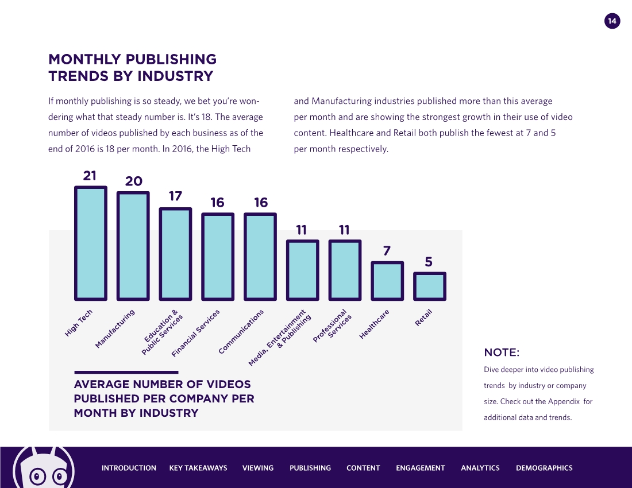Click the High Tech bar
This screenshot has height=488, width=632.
90,243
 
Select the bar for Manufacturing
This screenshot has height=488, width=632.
133,246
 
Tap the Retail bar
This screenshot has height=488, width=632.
430,286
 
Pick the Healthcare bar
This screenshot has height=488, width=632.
387,281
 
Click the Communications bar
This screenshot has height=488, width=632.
260,257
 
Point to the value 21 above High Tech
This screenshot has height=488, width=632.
90,176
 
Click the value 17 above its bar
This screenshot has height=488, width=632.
175,196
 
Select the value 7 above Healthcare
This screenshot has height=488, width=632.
387,251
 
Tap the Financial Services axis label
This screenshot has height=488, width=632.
196,333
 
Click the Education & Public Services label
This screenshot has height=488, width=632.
163,333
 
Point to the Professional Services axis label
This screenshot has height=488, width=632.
333,326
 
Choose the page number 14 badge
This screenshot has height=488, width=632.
612,21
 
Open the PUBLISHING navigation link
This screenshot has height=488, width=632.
310,468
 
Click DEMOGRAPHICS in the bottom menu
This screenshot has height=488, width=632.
544,468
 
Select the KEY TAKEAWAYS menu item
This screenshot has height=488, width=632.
198,468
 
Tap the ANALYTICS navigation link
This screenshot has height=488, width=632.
480,468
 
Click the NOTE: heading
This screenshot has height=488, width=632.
502,352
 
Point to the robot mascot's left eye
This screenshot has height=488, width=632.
38,476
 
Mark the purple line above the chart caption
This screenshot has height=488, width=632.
126,372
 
